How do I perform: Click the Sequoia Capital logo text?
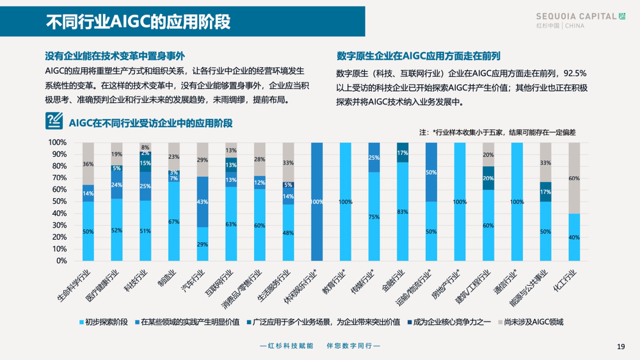coord(576,16)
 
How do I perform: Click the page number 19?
coord(621,347)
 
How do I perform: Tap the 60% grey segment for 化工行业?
coord(574,178)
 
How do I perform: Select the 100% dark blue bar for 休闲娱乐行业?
coord(317,202)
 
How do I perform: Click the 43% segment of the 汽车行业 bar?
coord(202,202)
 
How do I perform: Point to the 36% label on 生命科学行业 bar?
coord(88,164)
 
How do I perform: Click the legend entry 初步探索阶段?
coord(106,322)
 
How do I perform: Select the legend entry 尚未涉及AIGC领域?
coord(533,322)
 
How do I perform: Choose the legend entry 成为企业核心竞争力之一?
coord(452,322)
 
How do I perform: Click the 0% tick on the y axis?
coord(61,261)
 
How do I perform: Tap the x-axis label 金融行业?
coord(394,281)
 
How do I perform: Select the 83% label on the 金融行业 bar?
coord(403,212)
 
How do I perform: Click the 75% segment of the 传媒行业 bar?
coord(374,217)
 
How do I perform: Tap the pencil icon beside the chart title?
coord(54,121)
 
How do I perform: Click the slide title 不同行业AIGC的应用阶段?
coord(138,22)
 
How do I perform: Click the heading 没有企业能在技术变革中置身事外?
coord(115,56)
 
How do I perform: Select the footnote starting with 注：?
coord(497,132)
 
